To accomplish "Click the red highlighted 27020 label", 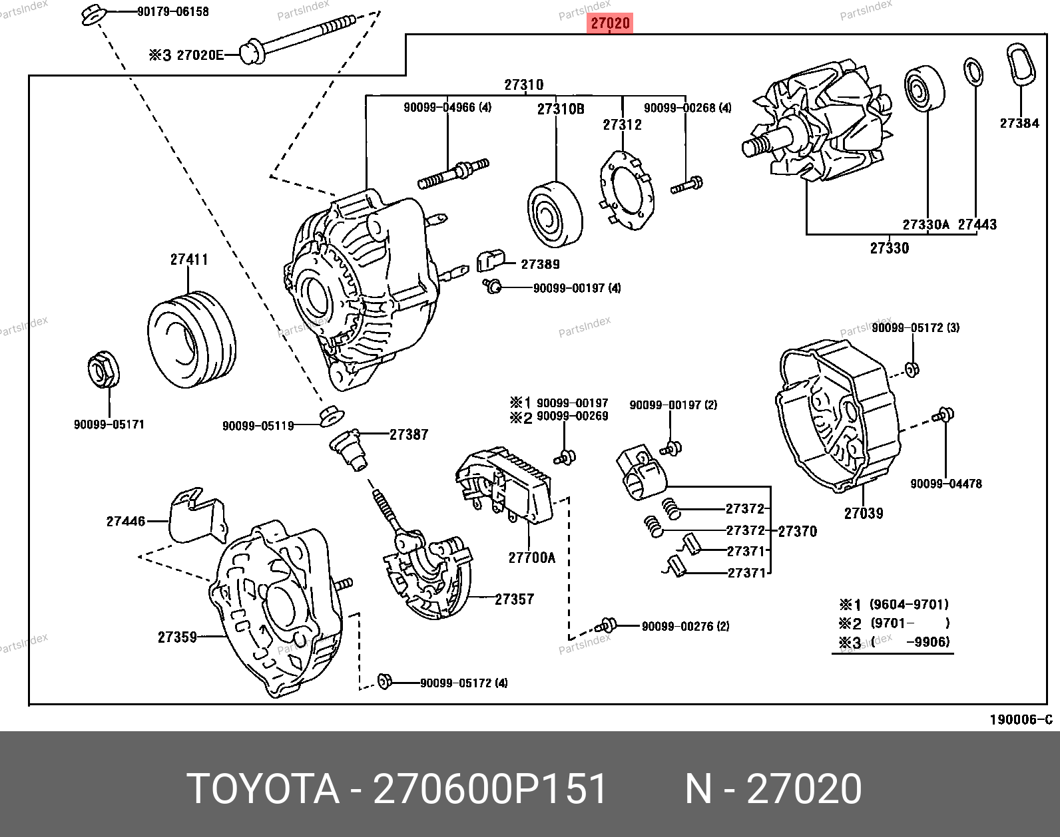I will [x=610, y=23].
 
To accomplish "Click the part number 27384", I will [x=1019, y=123].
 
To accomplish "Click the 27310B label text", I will [x=561, y=109].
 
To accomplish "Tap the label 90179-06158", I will [x=172, y=11].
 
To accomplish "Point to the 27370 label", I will [x=797, y=531].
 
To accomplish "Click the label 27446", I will [x=125, y=521].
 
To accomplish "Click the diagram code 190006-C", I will [x=1021, y=719].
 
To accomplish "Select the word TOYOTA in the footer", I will [x=262, y=789].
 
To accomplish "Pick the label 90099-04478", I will [x=945, y=484].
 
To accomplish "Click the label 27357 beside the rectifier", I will [x=514, y=599].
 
